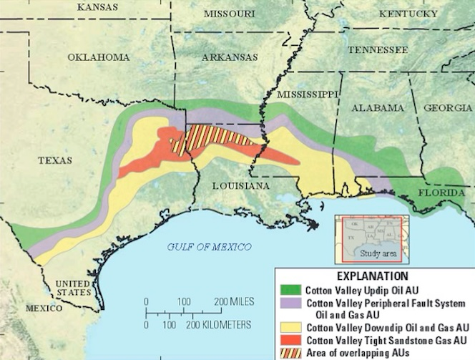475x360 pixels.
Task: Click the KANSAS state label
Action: click(x=97, y=6)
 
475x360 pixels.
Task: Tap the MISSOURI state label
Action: click(x=229, y=14)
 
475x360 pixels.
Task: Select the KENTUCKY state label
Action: click(x=408, y=14)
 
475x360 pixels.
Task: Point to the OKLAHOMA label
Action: click(x=99, y=57)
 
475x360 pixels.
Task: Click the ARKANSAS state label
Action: click(x=230, y=57)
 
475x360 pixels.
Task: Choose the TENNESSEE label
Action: click(x=378, y=50)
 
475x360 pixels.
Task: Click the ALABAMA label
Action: click(x=377, y=107)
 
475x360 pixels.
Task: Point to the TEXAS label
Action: click(x=54, y=160)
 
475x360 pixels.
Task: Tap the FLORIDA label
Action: click(x=435, y=193)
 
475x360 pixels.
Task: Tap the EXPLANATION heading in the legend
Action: click(x=374, y=276)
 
